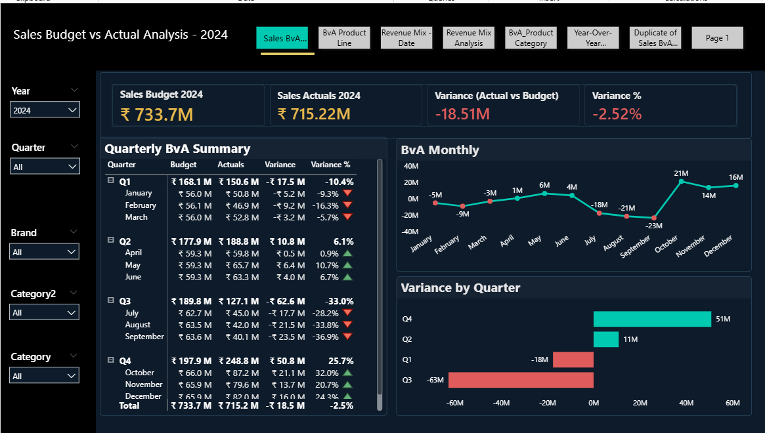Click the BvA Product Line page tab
(344, 38)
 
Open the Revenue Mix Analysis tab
(469, 38)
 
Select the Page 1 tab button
(717, 38)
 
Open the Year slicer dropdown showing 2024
(45, 110)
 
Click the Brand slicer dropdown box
(45, 252)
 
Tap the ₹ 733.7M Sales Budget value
(157, 115)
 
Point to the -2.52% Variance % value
(617, 114)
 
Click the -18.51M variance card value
(462, 114)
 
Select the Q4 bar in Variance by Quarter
(652, 319)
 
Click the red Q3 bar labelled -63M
(521, 380)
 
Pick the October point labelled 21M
(681, 181)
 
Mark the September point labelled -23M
(654, 218)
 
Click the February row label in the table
(141, 205)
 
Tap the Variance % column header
(330, 165)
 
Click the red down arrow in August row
(348, 325)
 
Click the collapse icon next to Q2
(111, 240)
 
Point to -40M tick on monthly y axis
(411, 232)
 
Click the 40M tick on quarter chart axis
(686, 403)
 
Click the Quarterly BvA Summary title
(177, 149)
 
